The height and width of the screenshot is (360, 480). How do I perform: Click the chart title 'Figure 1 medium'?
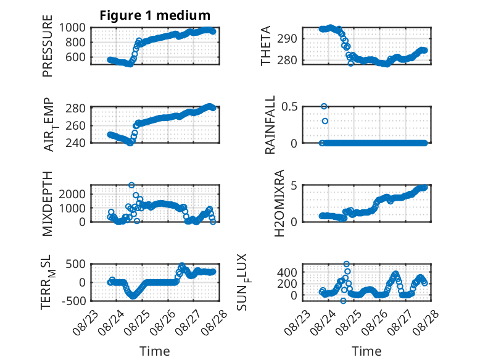(155, 15)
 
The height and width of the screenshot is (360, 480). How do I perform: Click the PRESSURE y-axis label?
(48, 46)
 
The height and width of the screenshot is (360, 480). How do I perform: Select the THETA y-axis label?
(266, 46)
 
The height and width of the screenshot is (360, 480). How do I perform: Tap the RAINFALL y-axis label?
(270, 125)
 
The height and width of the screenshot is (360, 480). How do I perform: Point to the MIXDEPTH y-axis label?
(48, 204)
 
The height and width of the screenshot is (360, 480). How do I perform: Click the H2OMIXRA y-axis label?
(279, 203)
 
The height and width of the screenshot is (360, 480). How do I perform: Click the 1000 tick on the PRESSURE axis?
(72, 28)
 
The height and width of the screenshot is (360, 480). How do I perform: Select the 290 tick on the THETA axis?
(287, 39)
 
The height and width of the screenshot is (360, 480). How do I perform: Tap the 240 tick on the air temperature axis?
(75, 143)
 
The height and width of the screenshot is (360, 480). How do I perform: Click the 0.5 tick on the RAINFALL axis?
(289, 107)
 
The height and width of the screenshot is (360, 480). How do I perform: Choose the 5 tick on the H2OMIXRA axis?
(294, 186)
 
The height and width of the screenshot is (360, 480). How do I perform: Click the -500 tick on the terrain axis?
(74, 301)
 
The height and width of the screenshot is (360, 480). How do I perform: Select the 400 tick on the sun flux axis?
(287, 272)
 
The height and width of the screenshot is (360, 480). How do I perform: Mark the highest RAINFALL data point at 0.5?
(324, 106)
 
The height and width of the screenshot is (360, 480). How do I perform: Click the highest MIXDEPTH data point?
(131, 185)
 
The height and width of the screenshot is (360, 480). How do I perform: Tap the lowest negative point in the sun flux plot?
(343, 301)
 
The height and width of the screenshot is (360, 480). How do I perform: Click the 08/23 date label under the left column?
(85, 323)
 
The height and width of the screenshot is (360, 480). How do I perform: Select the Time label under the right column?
(366, 351)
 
